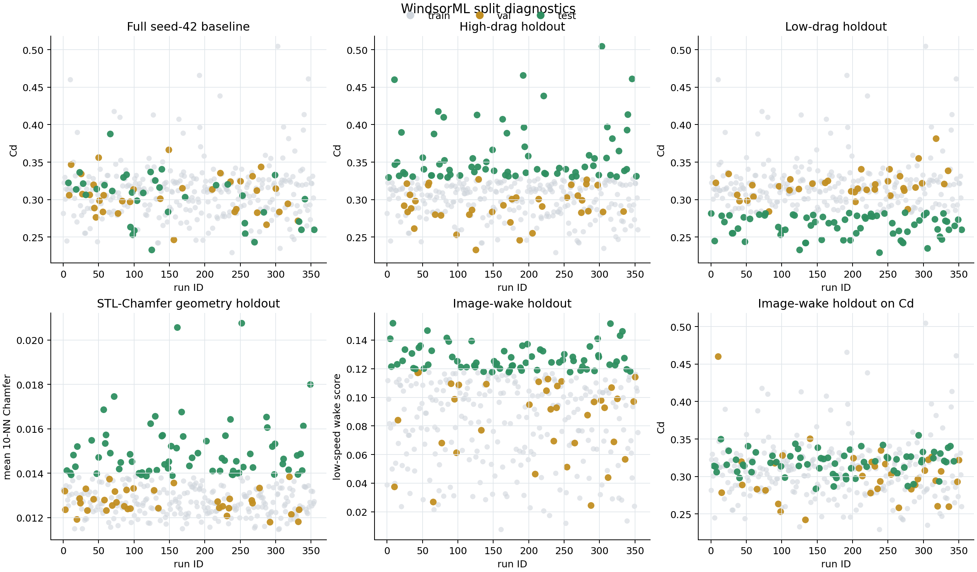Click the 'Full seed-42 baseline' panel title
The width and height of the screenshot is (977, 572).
(188, 27)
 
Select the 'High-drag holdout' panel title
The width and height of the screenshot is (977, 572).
(512, 27)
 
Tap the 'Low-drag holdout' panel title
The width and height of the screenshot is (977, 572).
(836, 27)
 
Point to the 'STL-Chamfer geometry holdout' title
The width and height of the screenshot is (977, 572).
(188, 304)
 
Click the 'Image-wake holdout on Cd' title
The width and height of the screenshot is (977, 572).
(836, 304)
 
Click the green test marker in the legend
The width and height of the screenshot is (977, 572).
(540, 16)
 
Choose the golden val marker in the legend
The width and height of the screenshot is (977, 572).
(480, 16)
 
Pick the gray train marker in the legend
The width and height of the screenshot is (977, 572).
(410, 16)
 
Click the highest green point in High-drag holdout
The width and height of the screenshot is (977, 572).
(602, 46)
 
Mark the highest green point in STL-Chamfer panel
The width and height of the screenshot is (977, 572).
(242, 323)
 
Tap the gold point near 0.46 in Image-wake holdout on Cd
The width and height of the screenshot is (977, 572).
(718, 356)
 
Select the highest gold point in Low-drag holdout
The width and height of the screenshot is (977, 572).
(936, 138)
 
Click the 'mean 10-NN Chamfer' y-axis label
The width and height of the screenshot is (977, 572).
(7, 427)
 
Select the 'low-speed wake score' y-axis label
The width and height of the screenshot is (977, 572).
(337, 427)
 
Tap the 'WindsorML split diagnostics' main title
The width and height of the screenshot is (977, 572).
(488, 8)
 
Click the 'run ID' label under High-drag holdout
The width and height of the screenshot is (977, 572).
(512, 287)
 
